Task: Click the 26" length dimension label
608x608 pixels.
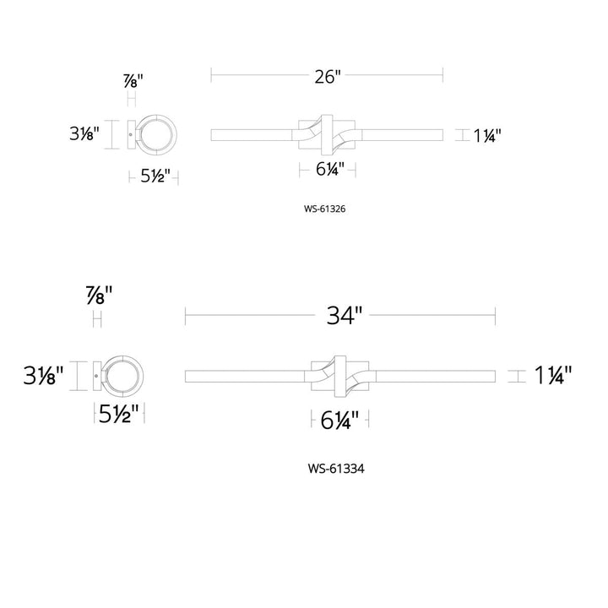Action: [x=328, y=77]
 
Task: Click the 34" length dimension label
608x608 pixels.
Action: [x=345, y=315]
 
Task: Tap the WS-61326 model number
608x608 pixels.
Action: [x=324, y=209]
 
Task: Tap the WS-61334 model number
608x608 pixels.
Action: [x=336, y=469]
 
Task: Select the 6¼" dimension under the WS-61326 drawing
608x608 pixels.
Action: [x=330, y=169]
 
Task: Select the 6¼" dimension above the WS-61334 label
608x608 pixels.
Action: [x=339, y=420]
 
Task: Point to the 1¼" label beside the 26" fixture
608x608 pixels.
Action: [x=487, y=136]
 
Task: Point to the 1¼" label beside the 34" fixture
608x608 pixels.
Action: [x=553, y=375]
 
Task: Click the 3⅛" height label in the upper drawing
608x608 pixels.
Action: [x=84, y=133]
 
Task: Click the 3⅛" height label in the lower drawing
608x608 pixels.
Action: [x=43, y=375]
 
